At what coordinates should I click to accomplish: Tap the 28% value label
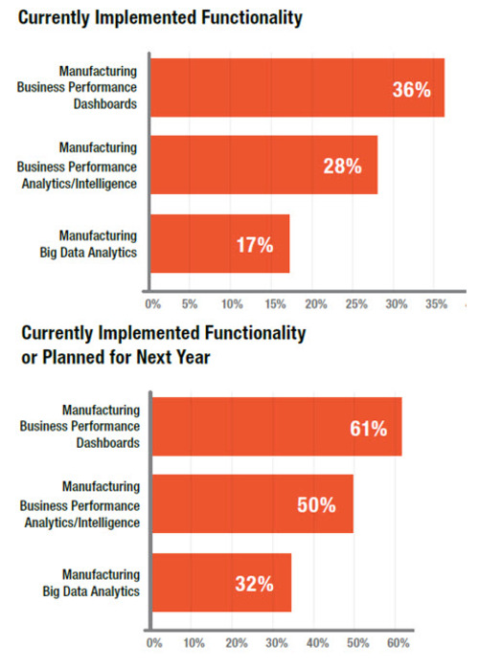point(342,167)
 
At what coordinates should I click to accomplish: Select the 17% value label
point(255,245)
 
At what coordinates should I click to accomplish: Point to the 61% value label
point(368,429)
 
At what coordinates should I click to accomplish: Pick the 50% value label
point(317,504)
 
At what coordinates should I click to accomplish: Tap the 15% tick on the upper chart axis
point(272,304)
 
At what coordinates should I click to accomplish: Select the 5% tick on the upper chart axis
point(190,304)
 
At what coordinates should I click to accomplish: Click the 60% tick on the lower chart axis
point(400,641)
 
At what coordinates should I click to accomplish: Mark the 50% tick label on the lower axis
point(359,641)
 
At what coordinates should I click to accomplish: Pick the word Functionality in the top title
point(239,16)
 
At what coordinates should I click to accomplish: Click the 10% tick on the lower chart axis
point(194,641)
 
